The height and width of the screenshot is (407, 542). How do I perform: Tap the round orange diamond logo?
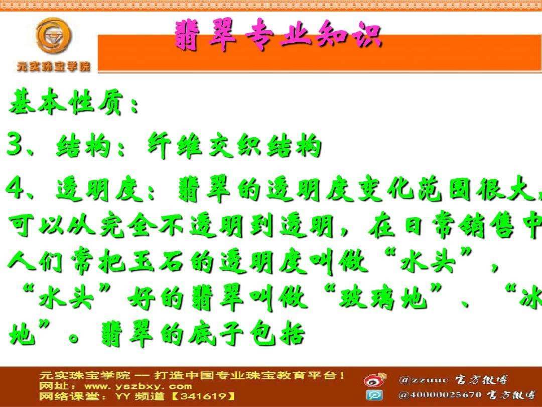point(54,36)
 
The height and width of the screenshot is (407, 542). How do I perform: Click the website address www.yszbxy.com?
point(138,386)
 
